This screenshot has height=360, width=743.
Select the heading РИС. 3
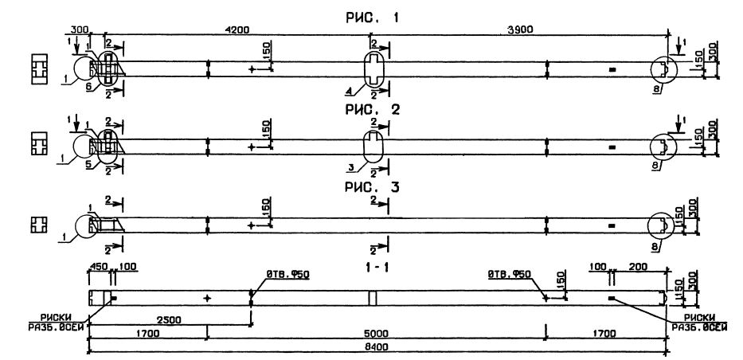pyautogui.click(x=373, y=188)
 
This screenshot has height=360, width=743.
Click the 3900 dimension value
pyautogui.click(x=519, y=30)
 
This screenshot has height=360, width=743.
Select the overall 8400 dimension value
pyautogui.click(x=375, y=347)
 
